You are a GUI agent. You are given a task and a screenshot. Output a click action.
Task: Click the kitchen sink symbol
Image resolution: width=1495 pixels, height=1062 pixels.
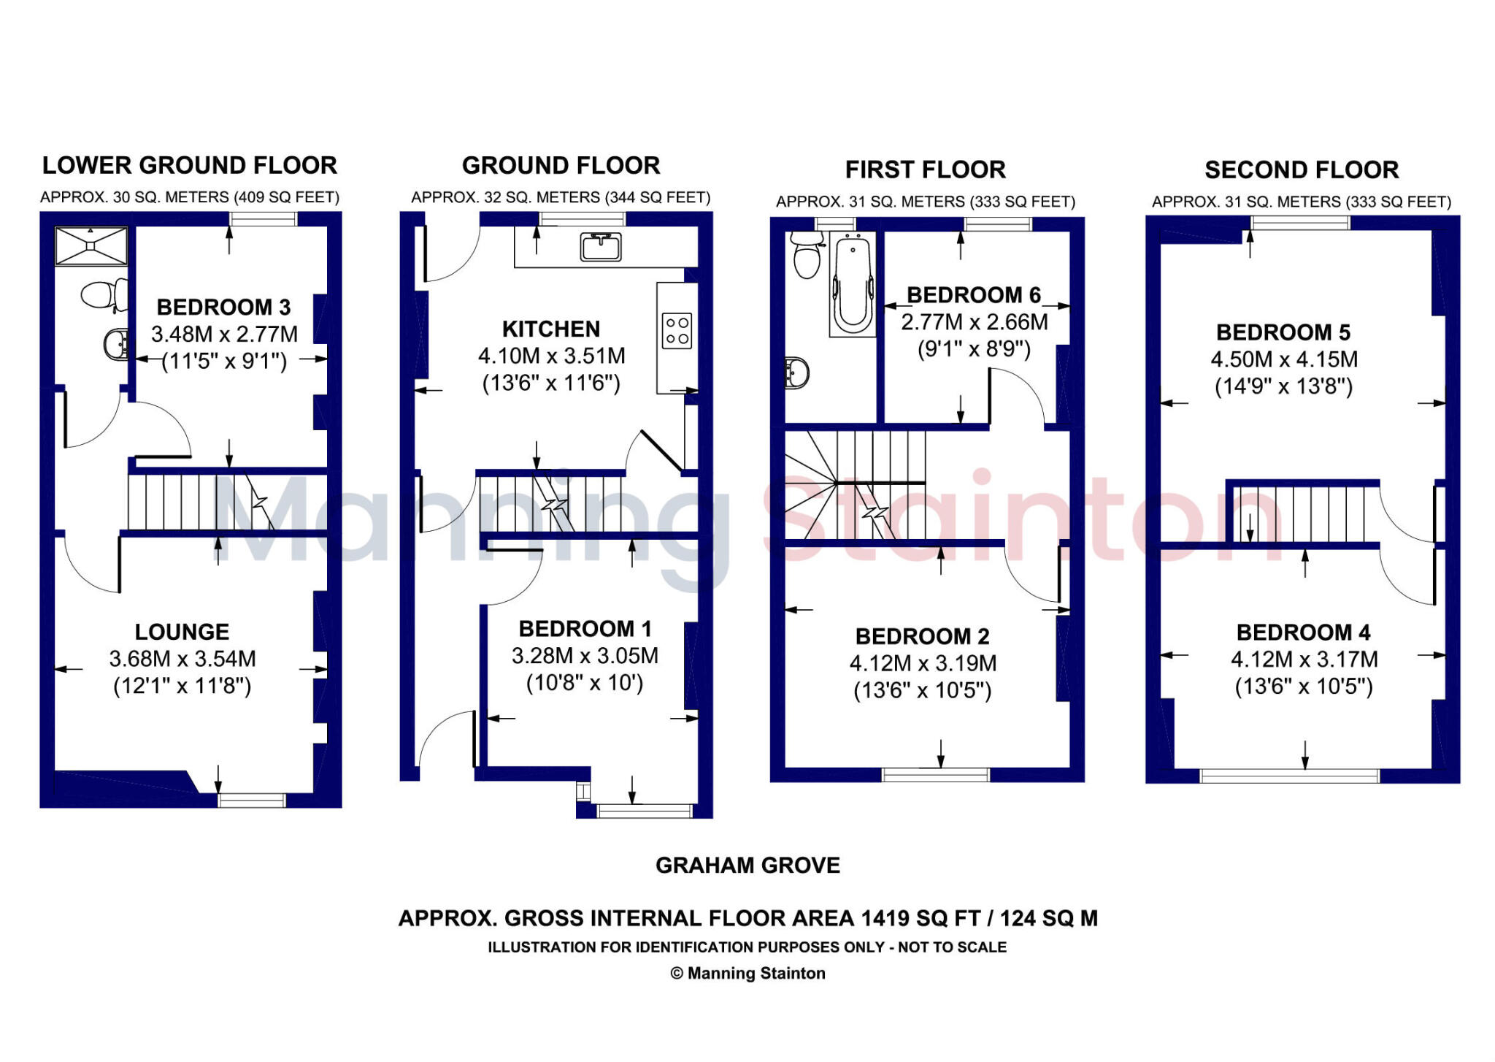click(601, 247)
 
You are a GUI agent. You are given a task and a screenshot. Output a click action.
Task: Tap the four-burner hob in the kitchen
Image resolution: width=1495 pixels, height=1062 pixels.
click(677, 331)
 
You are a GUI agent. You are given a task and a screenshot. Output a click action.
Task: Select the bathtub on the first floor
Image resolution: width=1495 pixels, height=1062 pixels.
click(852, 285)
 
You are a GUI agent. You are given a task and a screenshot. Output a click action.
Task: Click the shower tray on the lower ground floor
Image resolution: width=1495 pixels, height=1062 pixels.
click(91, 246)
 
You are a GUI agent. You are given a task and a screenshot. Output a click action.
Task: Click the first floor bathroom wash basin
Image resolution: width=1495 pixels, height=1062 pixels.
click(796, 373)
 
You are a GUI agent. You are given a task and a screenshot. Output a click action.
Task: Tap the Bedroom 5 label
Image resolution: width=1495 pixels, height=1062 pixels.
click(1283, 333)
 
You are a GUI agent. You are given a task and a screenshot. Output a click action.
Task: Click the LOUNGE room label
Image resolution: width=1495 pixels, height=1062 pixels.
click(182, 632)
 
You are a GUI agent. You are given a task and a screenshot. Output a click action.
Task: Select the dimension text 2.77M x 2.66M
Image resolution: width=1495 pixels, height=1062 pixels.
click(974, 322)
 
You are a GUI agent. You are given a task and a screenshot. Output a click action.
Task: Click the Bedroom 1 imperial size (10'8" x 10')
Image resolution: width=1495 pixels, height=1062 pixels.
click(584, 683)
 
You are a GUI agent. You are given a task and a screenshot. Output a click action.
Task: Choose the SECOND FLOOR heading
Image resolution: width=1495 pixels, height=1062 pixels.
click(1302, 170)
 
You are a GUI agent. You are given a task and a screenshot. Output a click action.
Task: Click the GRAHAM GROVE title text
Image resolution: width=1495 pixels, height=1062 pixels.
click(747, 866)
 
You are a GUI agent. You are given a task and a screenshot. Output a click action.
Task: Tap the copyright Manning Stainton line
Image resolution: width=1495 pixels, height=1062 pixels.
click(747, 974)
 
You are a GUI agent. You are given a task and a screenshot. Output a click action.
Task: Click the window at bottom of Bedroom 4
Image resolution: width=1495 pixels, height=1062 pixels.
click(1289, 776)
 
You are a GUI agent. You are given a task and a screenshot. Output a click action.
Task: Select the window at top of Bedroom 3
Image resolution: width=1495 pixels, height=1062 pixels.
click(263, 218)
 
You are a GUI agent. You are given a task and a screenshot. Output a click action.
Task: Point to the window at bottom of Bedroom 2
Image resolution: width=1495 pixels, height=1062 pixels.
click(935, 774)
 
